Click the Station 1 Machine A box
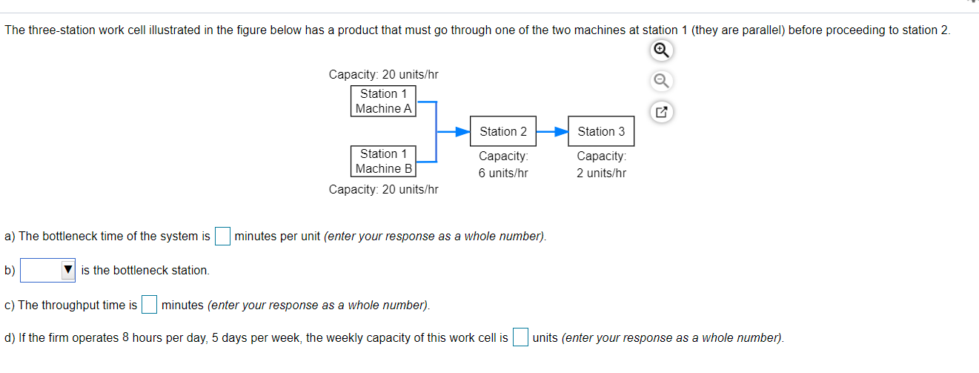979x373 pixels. pyautogui.click(x=383, y=101)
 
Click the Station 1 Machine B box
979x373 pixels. pyautogui.click(x=383, y=161)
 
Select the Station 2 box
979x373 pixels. pyautogui.click(x=503, y=131)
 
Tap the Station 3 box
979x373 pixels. pyautogui.click(x=601, y=131)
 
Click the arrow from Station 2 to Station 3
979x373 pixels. pyautogui.click(x=551, y=131)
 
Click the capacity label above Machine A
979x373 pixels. pyautogui.click(x=383, y=75)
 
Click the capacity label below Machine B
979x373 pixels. pyautogui.click(x=383, y=189)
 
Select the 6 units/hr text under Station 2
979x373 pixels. pyautogui.click(x=503, y=173)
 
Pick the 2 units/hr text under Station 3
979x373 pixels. pyautogui.click(x=601, y=173)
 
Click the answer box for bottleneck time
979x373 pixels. pyautogui.click(x=222, y=236)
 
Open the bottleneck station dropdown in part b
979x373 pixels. pyautogui.click(x=48, y=270)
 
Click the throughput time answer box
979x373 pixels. pyautogui.click(x=149, y=305)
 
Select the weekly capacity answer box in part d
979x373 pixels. pyautogui.click(x=520, y=337)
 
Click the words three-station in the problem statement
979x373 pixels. pyautogui.click(x=58, y=30)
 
